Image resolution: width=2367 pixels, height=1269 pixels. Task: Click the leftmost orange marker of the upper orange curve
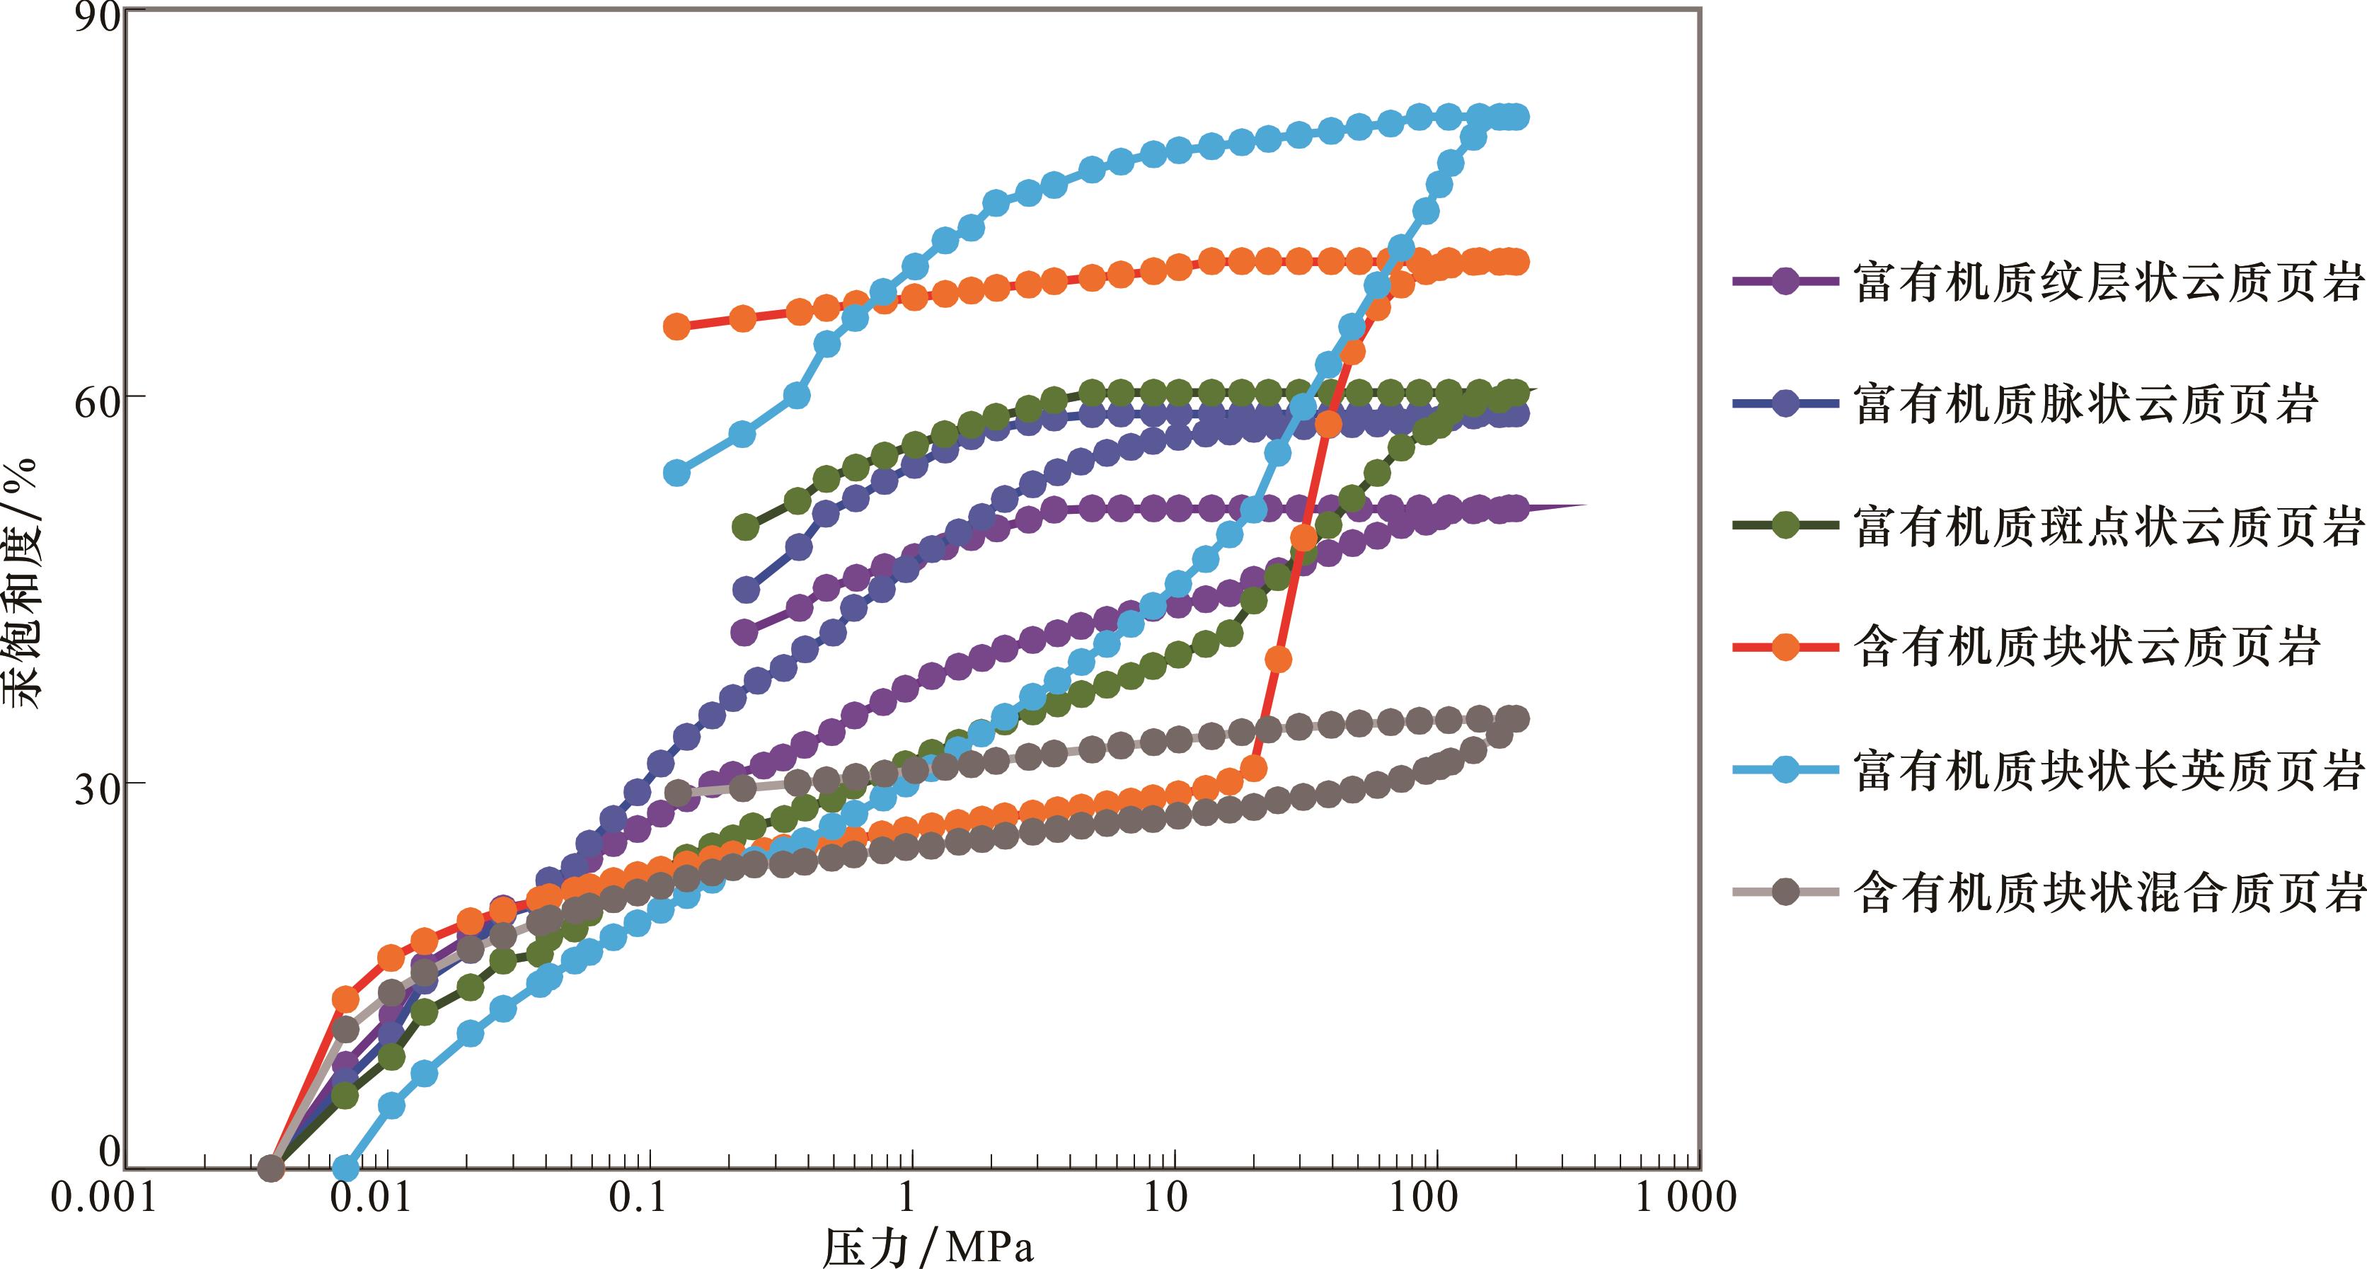[x=676, y=326]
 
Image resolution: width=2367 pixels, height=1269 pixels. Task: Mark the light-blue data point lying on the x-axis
[x=345, y=1168]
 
